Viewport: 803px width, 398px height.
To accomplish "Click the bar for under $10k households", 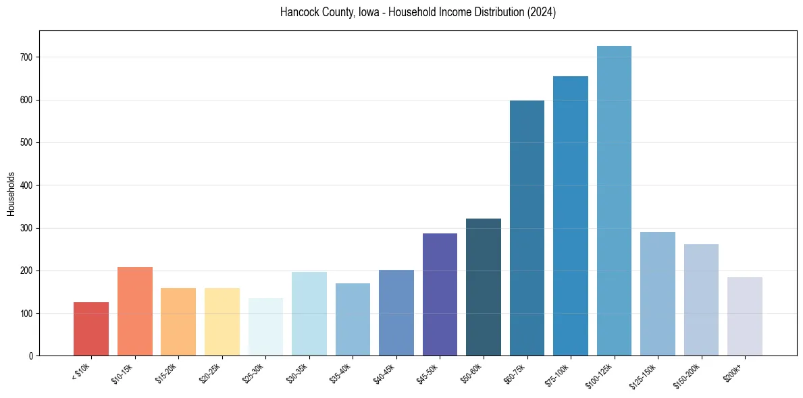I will (x=91, y=329).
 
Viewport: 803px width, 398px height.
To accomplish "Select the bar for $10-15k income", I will (x=135, y=311).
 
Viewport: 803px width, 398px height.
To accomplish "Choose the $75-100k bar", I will (x=571, y=216).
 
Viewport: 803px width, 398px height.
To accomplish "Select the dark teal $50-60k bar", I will (x=484, y=287).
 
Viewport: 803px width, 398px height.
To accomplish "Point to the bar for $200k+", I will (x=745, y=316).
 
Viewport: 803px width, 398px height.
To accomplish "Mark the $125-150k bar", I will (x=658, y=293).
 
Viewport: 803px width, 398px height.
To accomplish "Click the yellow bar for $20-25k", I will (x=222, y=322).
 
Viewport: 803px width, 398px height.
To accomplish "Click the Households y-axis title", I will (x=11, y=194).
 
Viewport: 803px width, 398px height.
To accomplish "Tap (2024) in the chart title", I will (x=542, y=13).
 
